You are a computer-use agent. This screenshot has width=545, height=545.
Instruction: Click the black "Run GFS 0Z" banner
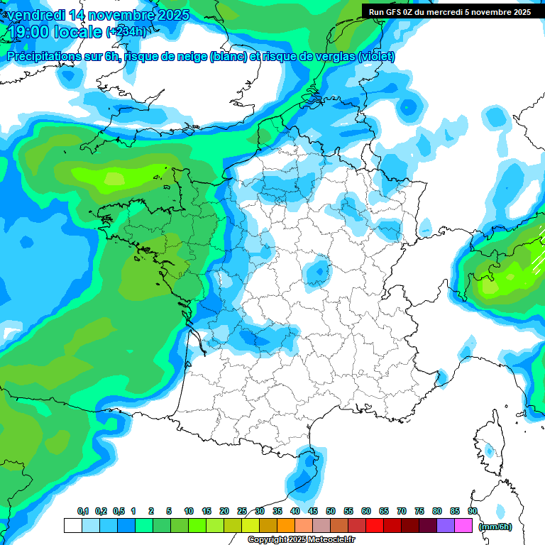point(449,11)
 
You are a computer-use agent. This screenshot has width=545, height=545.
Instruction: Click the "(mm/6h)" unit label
point(495,526)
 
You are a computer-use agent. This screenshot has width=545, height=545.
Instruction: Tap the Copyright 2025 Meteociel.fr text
point(301,540)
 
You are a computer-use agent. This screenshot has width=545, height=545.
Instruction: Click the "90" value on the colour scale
point(473,511)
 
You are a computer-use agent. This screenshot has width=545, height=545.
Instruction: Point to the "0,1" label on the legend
point(82,511)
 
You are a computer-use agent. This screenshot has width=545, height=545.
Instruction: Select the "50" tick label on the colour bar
point(331,511)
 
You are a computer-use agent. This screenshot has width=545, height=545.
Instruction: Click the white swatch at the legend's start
point(72,526)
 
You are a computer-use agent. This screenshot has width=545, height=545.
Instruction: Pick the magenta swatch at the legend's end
point(463,526)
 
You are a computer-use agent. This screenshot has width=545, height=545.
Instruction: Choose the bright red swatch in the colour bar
point(375,526)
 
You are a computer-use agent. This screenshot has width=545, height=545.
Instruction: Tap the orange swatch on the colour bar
point(286,526)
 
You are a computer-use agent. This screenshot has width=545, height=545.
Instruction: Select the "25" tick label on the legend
point(242,511)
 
